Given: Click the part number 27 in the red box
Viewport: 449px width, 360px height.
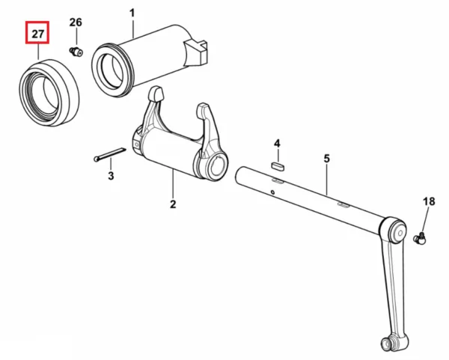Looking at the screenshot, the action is (x=37, y=34).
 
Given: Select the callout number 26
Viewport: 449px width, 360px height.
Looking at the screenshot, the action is (x=76, y=22).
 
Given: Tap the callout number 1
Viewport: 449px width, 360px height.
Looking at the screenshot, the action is (x=132, y=13).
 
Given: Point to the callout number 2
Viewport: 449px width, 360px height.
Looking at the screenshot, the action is (x=173, y=204).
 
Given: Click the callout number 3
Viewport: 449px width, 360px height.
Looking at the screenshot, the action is (x=111, y=175).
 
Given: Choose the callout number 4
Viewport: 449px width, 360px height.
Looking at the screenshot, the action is (x=277, y=144).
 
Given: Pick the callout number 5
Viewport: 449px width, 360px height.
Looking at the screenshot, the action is (x=327, y=159).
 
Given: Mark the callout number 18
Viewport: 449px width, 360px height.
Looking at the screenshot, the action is (x=429, y=201).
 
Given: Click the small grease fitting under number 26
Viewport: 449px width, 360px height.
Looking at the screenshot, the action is (x=76, y=52).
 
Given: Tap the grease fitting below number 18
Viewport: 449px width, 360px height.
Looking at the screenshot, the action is (x=420, y=238).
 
